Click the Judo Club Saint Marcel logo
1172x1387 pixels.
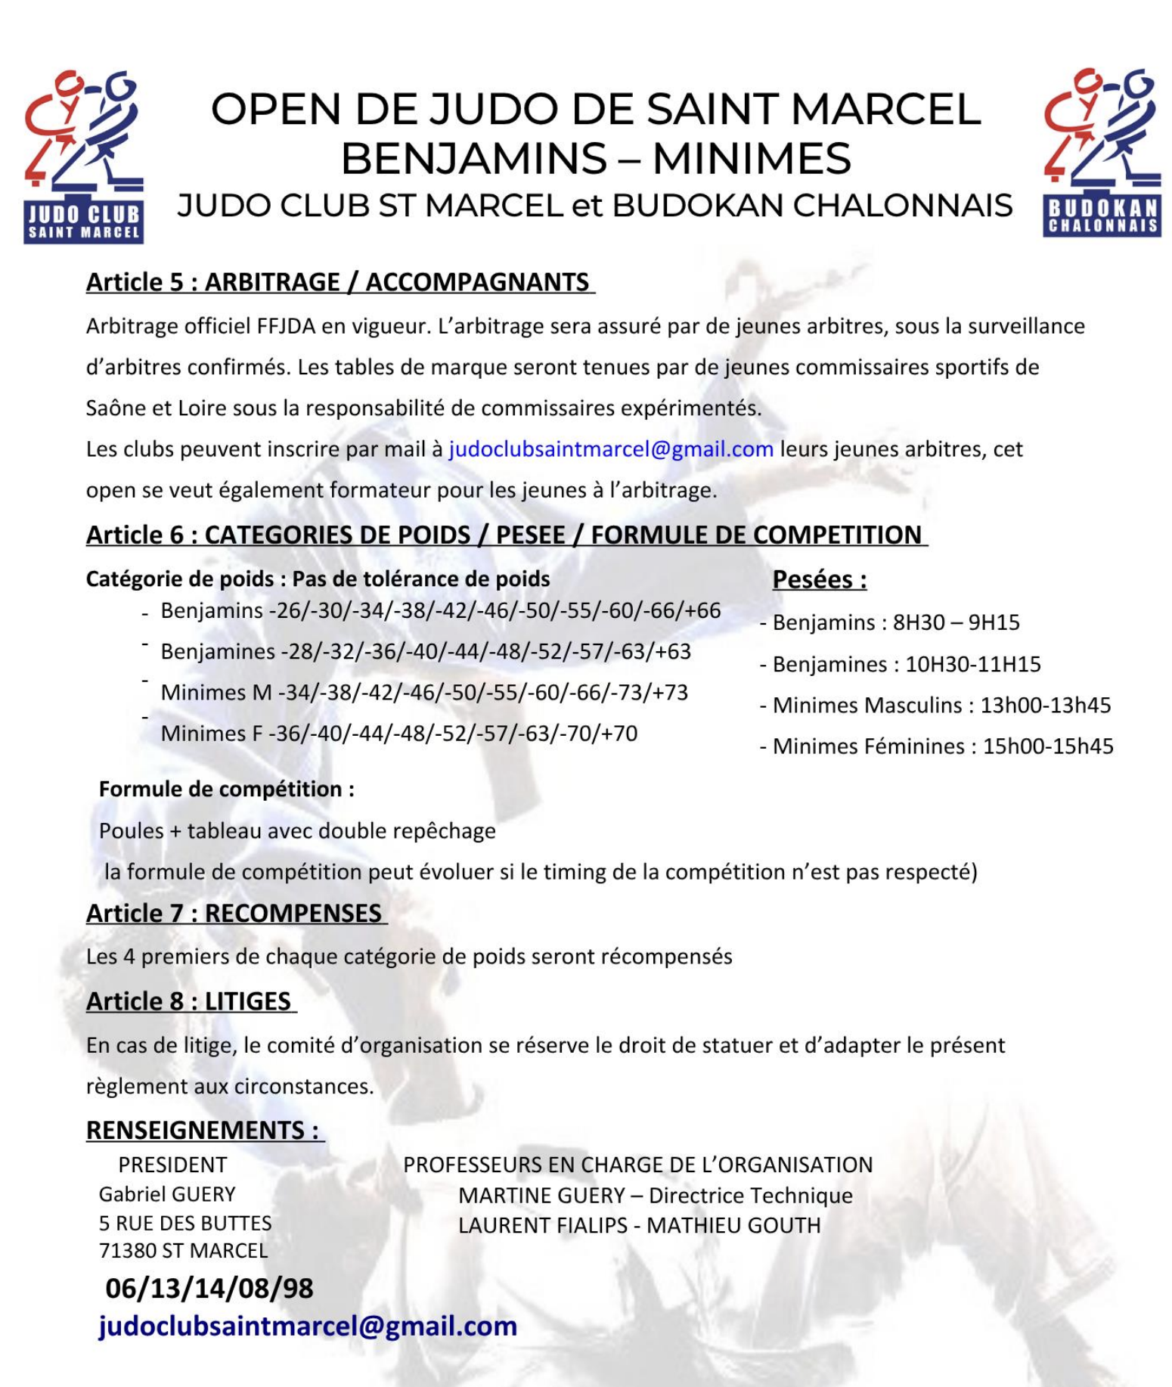(x=83, y=157)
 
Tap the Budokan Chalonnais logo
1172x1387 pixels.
(x=1102, y=154)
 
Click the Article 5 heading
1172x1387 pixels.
(x=340, y=282)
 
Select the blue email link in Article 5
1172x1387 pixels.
(x=611, y=449)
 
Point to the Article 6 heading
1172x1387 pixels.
(x=506, y=535)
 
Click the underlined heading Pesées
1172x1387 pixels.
(x=819, y=579)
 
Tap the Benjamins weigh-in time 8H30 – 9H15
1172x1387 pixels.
(x=956, y=622)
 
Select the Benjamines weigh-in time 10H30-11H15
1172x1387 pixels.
(x=972, y=664)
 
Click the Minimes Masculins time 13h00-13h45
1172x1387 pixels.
(x=1045, y=705)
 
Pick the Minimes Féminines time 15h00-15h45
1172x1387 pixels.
(x=1047, y=746)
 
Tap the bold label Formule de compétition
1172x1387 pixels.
(x=226, y=789)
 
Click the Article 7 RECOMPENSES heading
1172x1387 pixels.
(x=235, y=913)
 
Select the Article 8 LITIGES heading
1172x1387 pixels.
(x=190, y=1001)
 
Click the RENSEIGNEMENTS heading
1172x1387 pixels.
(x=204, y=1130)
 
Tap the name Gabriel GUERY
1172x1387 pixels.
(x=167, y=1194)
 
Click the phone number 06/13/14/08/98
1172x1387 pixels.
(x=209, y=1288)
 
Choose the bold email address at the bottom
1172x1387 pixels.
(x=308, y=1326)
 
